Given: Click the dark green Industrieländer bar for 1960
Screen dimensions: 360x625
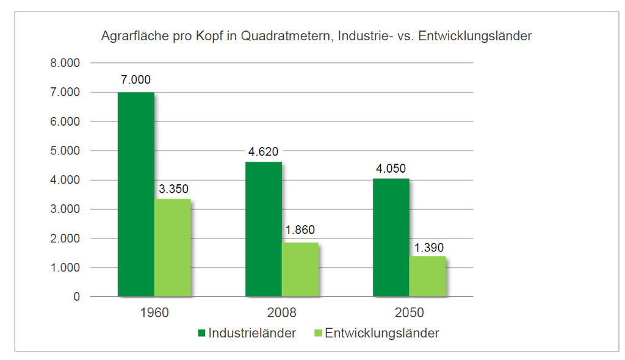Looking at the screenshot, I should click(x=135, y=194).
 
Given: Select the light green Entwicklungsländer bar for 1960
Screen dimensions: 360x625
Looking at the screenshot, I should click(x=172, y=248).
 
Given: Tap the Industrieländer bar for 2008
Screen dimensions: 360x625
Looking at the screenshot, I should click(x=263, y=229).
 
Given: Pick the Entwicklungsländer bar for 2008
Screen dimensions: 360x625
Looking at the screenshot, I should click(x=300, y=269).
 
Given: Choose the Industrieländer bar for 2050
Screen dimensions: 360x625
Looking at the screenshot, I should click(x=391, y=237).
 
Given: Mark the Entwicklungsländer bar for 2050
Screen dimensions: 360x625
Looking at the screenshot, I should click(x=427, y=276).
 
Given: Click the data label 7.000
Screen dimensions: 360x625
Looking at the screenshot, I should click(x=135, y=80).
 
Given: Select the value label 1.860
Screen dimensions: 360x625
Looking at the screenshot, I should click(x=300, y=230).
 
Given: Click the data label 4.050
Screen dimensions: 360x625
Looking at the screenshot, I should click(x=391, y=168).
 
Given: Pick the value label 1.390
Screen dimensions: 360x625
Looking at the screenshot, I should click(x=428, y=248).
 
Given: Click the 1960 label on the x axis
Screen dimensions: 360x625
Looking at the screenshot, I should click(x=154, y=314).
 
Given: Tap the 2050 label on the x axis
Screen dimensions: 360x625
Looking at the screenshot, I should click(x=409, y=314).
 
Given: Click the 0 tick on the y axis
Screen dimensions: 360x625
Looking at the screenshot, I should click(x=76, y=297).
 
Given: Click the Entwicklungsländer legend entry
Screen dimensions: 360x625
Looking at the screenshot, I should click(x=381, y=333).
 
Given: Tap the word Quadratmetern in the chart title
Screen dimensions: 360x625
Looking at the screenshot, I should click(x=279, y=37).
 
